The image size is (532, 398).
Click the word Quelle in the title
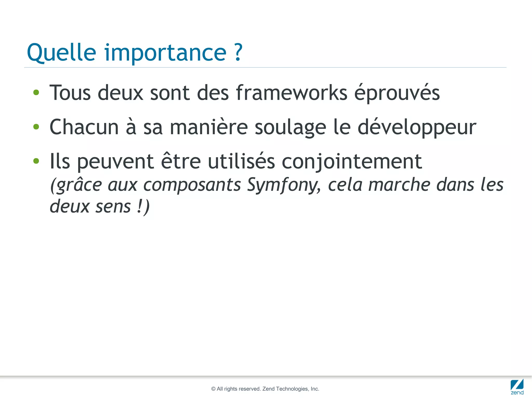(x=61, y=53)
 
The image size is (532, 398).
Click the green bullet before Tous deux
(x=36, y=93)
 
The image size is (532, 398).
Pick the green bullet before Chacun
(x=36, y=127)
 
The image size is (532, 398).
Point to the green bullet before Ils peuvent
(x=36, y=161)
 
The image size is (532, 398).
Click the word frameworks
(x=291, y=93)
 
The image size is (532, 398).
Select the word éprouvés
(x=397, y=93)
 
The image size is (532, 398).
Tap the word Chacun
(x=84, y=127)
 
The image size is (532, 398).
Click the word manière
(x=209, y=127)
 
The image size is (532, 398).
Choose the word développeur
(x=417, y=128)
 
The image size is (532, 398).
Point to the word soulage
(x=290, y=128)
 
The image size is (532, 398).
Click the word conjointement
(x=352, y=162)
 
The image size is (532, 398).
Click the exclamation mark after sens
(x=140, y=206)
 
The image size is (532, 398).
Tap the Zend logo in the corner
(x=517, y=387)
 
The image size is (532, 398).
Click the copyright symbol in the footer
(x=214, y=389)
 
